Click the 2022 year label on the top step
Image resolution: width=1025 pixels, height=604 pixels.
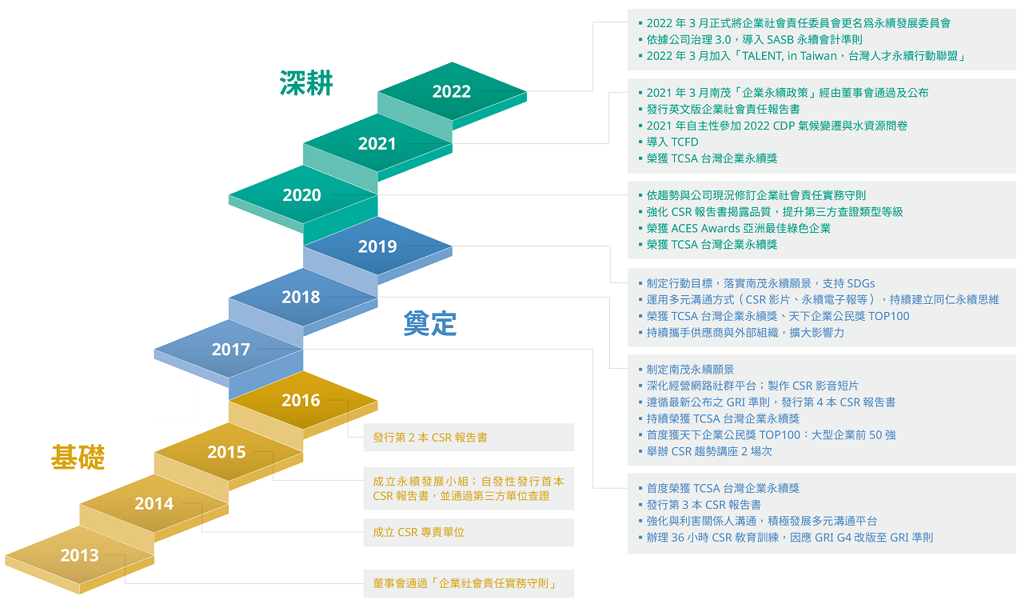[x=451, y=91]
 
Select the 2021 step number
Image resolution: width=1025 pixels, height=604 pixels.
[x=377, y=144]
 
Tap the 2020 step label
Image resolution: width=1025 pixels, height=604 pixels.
[x=301, y=195]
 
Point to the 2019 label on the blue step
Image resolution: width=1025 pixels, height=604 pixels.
[x=377, y=246]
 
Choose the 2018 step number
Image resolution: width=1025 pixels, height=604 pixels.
[x=301, y=297]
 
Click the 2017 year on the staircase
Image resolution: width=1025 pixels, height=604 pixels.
[x=230, y=350]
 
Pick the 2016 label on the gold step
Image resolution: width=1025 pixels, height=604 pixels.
[x=301, y=401]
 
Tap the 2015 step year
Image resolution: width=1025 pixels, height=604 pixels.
[x=226, y=453]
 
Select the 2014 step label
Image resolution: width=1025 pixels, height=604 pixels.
[x=154, y=504]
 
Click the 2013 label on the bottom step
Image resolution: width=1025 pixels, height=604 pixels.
[x=80, y=555]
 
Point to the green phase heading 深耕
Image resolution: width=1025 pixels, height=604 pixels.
[x=306, y=83]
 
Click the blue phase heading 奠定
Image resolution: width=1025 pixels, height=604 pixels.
[x=429, y=323]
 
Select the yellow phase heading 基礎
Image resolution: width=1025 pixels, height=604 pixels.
[x=78, y=457]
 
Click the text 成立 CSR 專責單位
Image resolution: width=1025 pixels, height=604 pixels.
[x=419, y=532]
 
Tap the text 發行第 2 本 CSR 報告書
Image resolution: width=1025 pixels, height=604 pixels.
[x=430, y=438]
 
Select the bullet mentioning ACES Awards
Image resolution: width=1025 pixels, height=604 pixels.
[x=735, y=228]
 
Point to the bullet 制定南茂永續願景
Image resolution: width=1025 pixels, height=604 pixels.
[x=686, y=369]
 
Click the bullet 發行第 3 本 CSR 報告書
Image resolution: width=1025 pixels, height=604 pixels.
[x=700, y=505]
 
